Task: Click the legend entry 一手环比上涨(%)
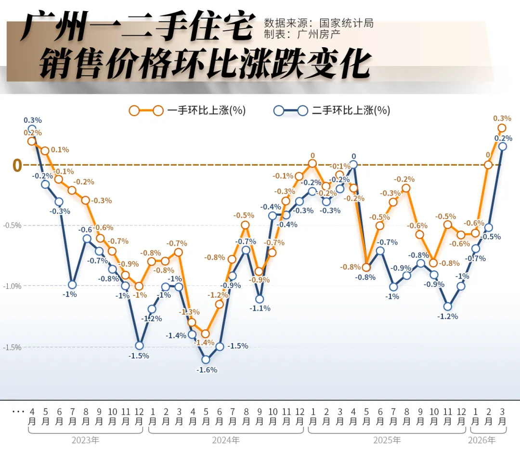206,110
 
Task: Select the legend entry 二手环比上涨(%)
351,110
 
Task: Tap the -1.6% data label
207,370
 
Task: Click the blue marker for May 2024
206,359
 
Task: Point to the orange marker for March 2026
502,128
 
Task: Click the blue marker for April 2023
32,129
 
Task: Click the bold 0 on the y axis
17,165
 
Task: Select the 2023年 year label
85,440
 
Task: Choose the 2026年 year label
481,440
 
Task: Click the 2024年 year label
226,440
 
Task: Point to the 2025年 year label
387,440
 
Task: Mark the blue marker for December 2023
139,345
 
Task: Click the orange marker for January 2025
312,164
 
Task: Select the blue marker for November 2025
448,306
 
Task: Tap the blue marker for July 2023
72,285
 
